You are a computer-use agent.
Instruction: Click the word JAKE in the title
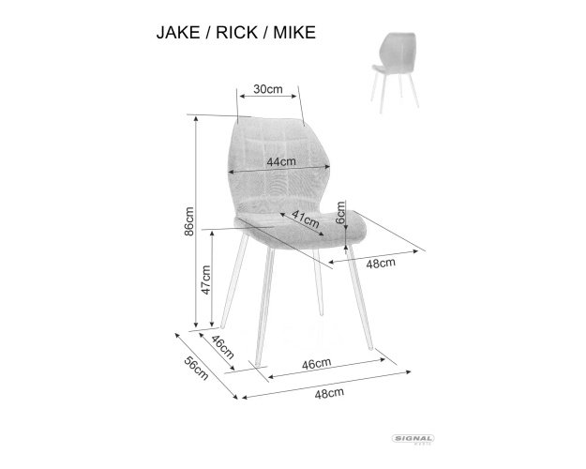pyautogui.click(x=178, y=33)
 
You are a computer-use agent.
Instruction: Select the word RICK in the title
pyautogui.click(x=236, y=33)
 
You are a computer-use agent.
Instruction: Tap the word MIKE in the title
pyautogui.click(x=294, y=33)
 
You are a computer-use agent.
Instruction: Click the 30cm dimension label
pyautogui.click(x=268, y=89)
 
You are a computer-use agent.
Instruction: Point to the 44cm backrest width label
pyautogui.click(x=281, y=161)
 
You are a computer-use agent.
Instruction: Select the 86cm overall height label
pyautogui.click(x=189, y=221)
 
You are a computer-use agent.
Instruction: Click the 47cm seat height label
pyautogui.click(x=205, y=280)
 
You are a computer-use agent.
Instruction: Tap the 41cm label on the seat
pyautogui.click(x=306, y=219)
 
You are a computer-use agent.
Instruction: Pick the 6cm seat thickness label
pyautogui.click(x=340, y=212)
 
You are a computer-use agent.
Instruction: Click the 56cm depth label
pyautogui.click(x=196, y=368)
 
